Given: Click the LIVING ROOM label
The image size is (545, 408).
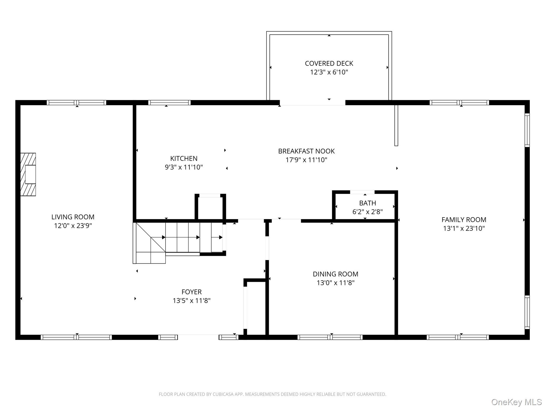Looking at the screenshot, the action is (x=73, y=217).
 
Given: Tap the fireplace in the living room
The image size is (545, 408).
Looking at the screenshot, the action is (x=28, y=174).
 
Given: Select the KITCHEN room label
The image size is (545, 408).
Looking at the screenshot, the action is (x=184, y=159).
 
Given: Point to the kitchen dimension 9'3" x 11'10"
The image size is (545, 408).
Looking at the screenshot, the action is (x=184, y=167).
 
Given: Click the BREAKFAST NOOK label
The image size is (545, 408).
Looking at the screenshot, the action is (x=306, y=151).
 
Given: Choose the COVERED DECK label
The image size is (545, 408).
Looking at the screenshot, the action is (x=329, y=63).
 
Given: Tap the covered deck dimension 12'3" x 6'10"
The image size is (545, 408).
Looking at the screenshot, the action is (x=329, y=72).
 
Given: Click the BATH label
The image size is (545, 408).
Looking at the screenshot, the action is (x=368, y=203).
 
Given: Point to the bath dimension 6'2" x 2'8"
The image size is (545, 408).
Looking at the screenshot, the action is (x=368, y=212).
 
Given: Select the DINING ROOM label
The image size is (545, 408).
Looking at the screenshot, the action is (x=335, y=274).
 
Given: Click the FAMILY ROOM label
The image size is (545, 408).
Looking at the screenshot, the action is (x=464, y=220).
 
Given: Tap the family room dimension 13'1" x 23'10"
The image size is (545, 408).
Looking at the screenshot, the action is (x=464, y=228).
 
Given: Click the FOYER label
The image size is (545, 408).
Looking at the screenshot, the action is (x=192, y=292).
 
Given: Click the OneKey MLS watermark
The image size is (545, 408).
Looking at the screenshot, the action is (x=517, y=402).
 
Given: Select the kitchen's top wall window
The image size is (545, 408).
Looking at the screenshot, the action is (x=169, y=103).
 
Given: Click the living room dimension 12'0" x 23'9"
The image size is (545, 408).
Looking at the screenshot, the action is (x=73, y=226).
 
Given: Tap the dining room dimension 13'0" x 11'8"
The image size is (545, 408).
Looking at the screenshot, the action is (x=335, y=283).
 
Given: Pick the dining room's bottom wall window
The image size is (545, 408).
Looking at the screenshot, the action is (x=330, y=337).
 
